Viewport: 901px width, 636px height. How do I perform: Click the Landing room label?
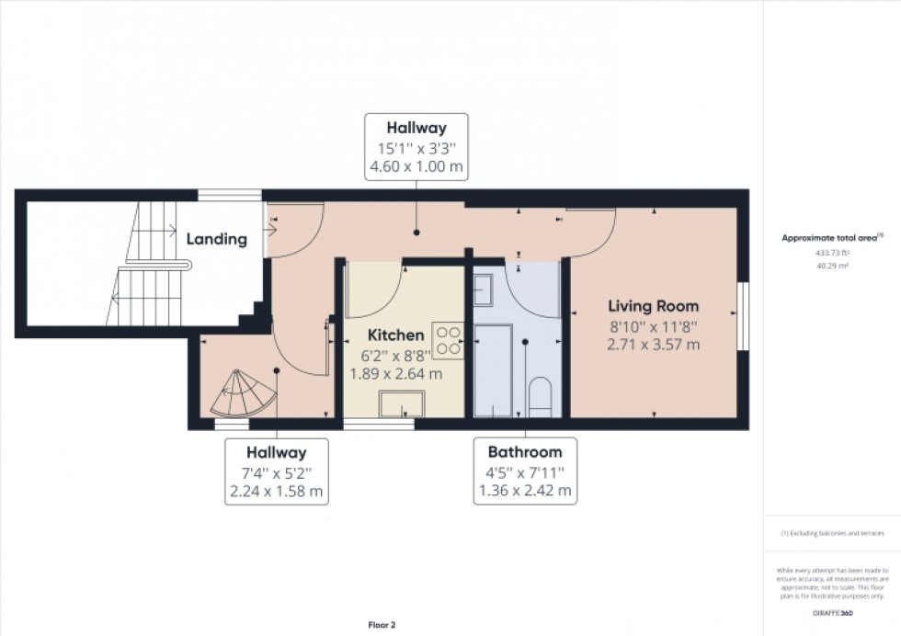217,239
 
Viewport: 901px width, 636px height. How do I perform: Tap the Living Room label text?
653,306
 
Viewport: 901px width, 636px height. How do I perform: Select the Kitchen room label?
395,335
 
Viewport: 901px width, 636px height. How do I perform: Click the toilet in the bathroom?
541,397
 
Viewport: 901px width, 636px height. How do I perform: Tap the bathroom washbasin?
485,291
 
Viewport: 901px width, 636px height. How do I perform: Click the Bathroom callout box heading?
524,452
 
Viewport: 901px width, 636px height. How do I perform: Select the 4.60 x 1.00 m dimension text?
416,168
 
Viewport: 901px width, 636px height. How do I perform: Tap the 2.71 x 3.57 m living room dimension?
653,345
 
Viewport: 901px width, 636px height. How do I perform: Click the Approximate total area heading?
830,237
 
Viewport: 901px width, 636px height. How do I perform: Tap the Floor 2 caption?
381,625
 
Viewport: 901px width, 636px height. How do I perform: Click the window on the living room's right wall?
743,315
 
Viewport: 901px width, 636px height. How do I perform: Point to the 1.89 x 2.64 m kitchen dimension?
395,374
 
